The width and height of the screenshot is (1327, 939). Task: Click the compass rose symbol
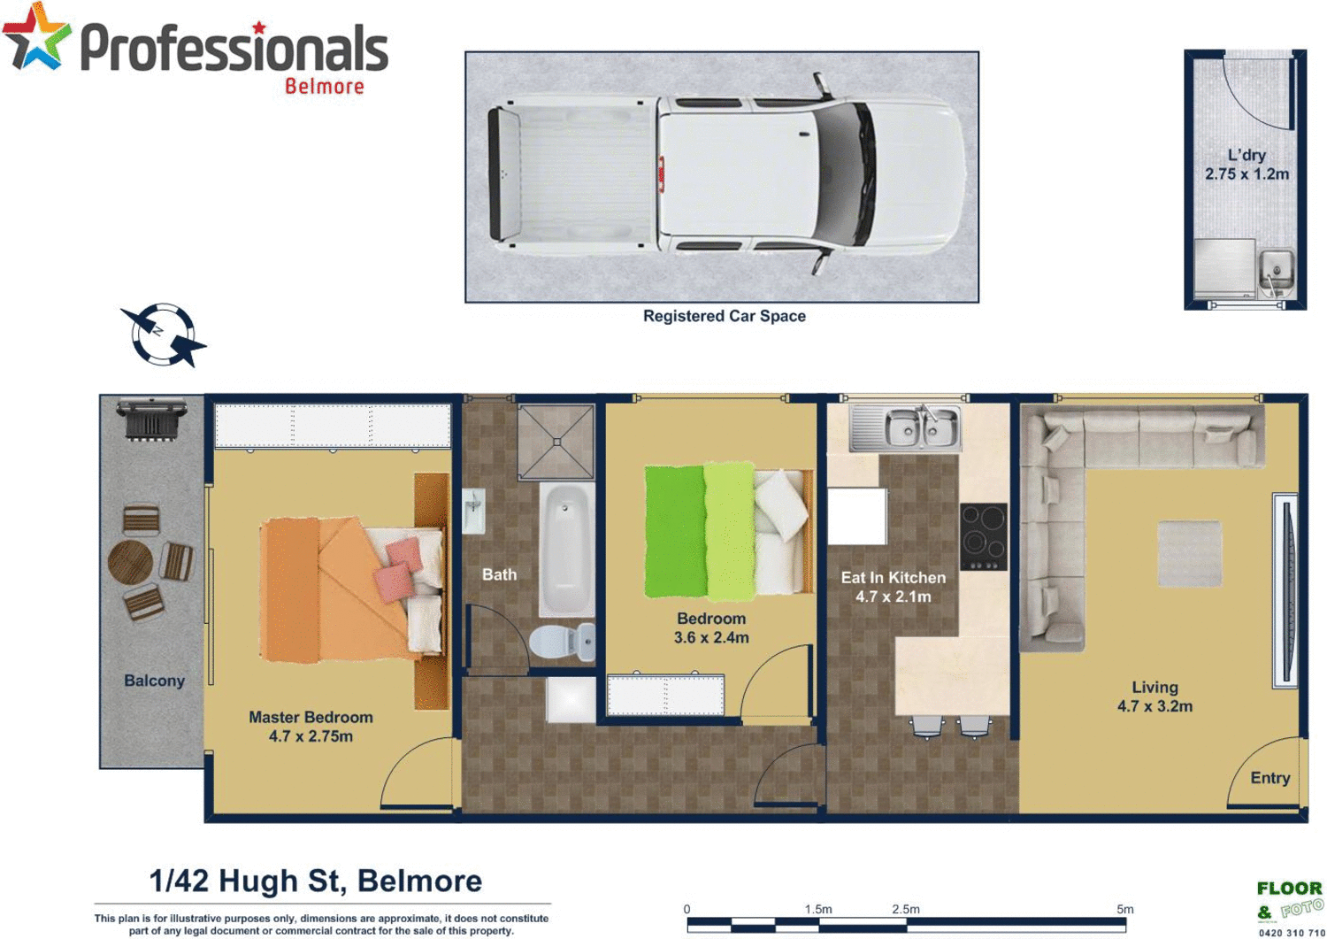pos(162,335)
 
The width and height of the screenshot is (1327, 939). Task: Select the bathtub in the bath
pos(566,549)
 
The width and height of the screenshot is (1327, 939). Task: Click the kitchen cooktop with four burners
pos(983,536)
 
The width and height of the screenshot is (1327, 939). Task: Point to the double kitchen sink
pos(905,428)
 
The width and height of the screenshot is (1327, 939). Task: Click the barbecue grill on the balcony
pos(152,419)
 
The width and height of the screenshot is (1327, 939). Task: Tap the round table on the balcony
pos(130,562)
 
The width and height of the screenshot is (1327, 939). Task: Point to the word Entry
pos(1269,778)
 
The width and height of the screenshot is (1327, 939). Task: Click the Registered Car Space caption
pos(724,316)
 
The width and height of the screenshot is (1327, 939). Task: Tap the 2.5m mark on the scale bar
pos(906,909)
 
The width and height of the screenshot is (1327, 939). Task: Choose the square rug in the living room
pos(1190,553)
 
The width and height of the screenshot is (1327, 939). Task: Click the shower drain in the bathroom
pos(557,442)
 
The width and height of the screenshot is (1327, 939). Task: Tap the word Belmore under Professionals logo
pos(324,87)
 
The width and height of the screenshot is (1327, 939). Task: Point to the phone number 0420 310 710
pos(1291,933)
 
